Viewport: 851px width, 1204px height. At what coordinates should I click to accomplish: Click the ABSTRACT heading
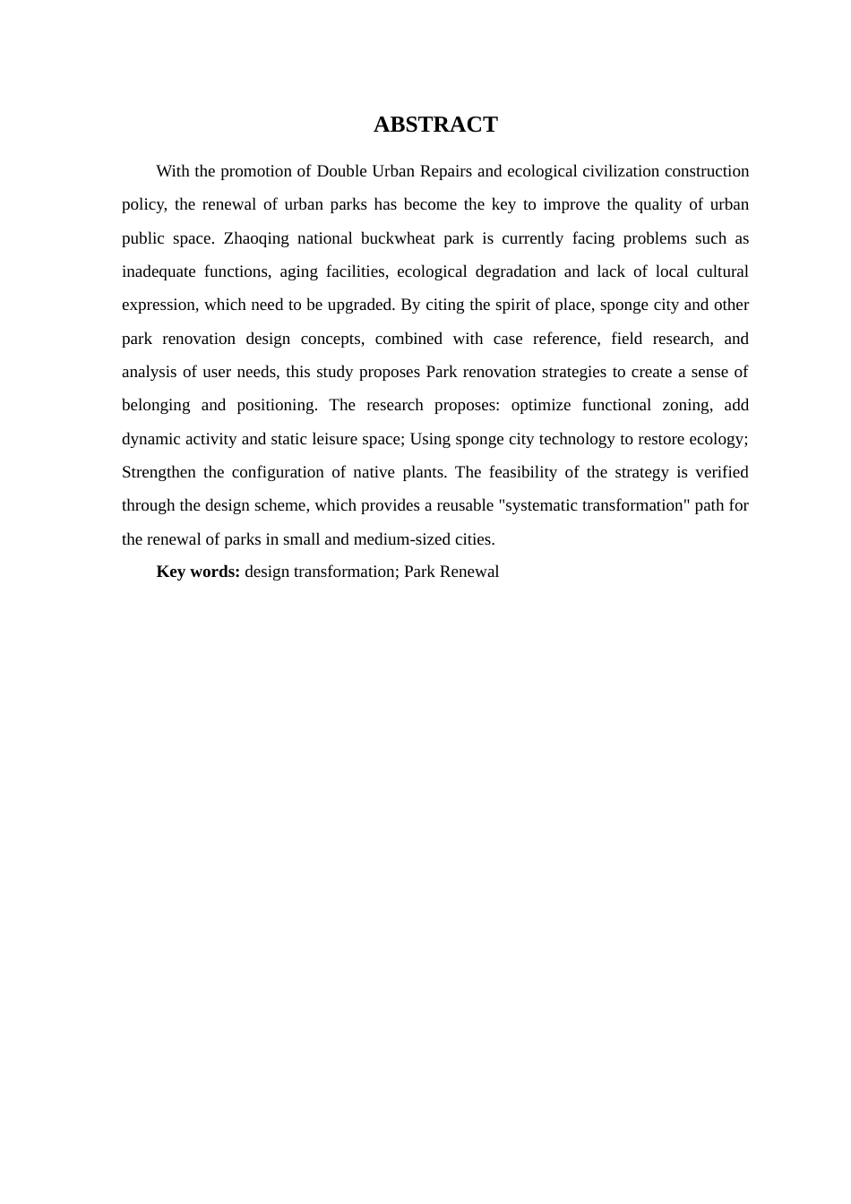(x=435, y=125)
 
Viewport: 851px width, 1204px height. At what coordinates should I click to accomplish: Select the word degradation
(x=515, y=271)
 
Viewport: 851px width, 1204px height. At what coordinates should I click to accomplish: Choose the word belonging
(x=156, y=405)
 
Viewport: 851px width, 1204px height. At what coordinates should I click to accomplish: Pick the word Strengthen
(x=159, y=472)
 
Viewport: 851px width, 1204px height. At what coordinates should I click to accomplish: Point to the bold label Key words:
(x=198, y=572)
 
